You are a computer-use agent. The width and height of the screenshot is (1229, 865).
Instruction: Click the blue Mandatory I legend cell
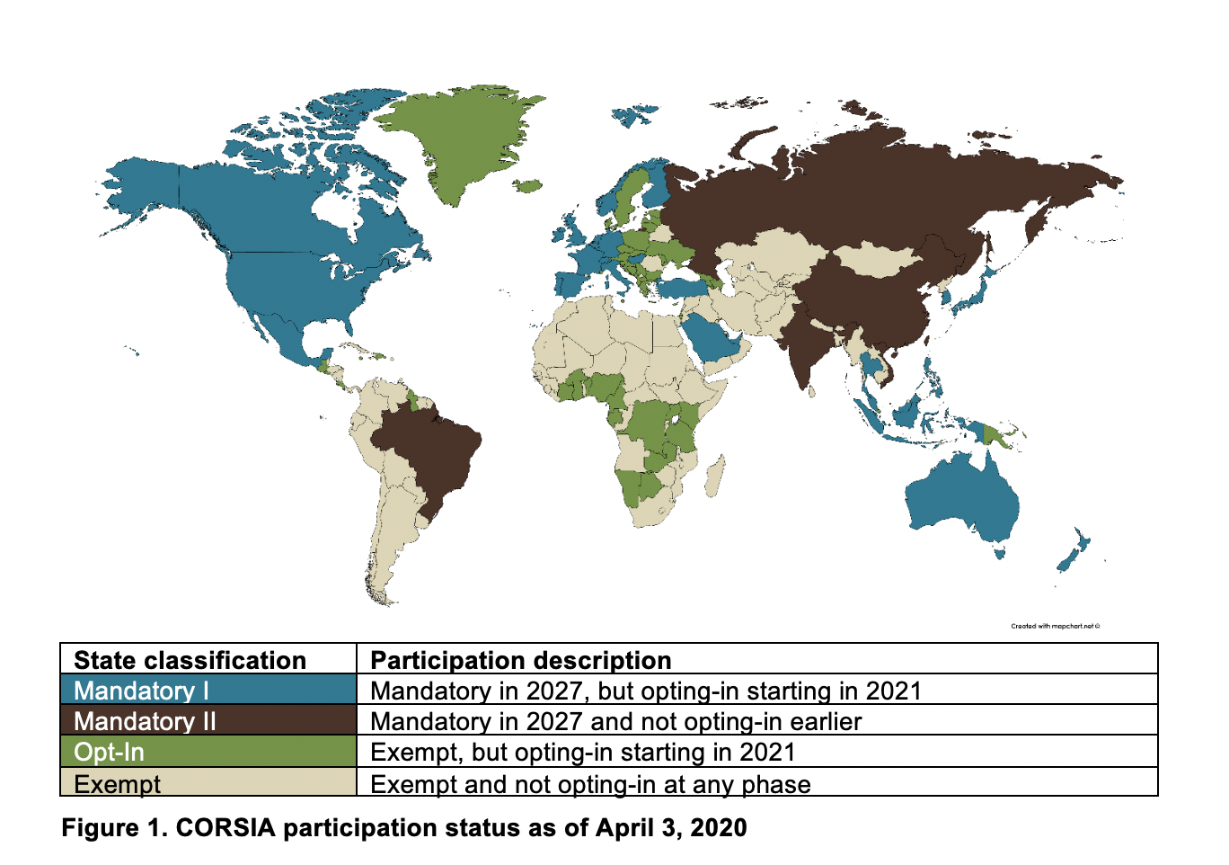pos(208,690)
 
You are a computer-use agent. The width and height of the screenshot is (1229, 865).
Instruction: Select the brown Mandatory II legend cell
pos(208,720)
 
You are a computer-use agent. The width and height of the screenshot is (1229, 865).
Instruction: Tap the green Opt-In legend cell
pos(208,752)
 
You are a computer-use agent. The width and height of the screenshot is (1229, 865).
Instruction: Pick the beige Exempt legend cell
pos(208,782)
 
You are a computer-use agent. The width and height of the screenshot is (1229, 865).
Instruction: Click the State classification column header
pos(190,660)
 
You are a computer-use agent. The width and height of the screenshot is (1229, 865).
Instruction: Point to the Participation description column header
pos(521,660)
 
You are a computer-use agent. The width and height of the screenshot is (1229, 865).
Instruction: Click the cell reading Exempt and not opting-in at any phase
pos(590,784)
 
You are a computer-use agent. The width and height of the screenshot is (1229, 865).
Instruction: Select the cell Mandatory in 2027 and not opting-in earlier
pos(615,721)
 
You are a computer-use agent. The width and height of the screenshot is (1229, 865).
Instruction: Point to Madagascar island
pos(715,477)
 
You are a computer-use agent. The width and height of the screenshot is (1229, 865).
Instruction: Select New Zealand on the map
pos(1074,552)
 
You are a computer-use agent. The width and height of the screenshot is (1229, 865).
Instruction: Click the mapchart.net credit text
pos(1055,626)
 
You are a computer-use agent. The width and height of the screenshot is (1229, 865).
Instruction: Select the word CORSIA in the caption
pos(225,828)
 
